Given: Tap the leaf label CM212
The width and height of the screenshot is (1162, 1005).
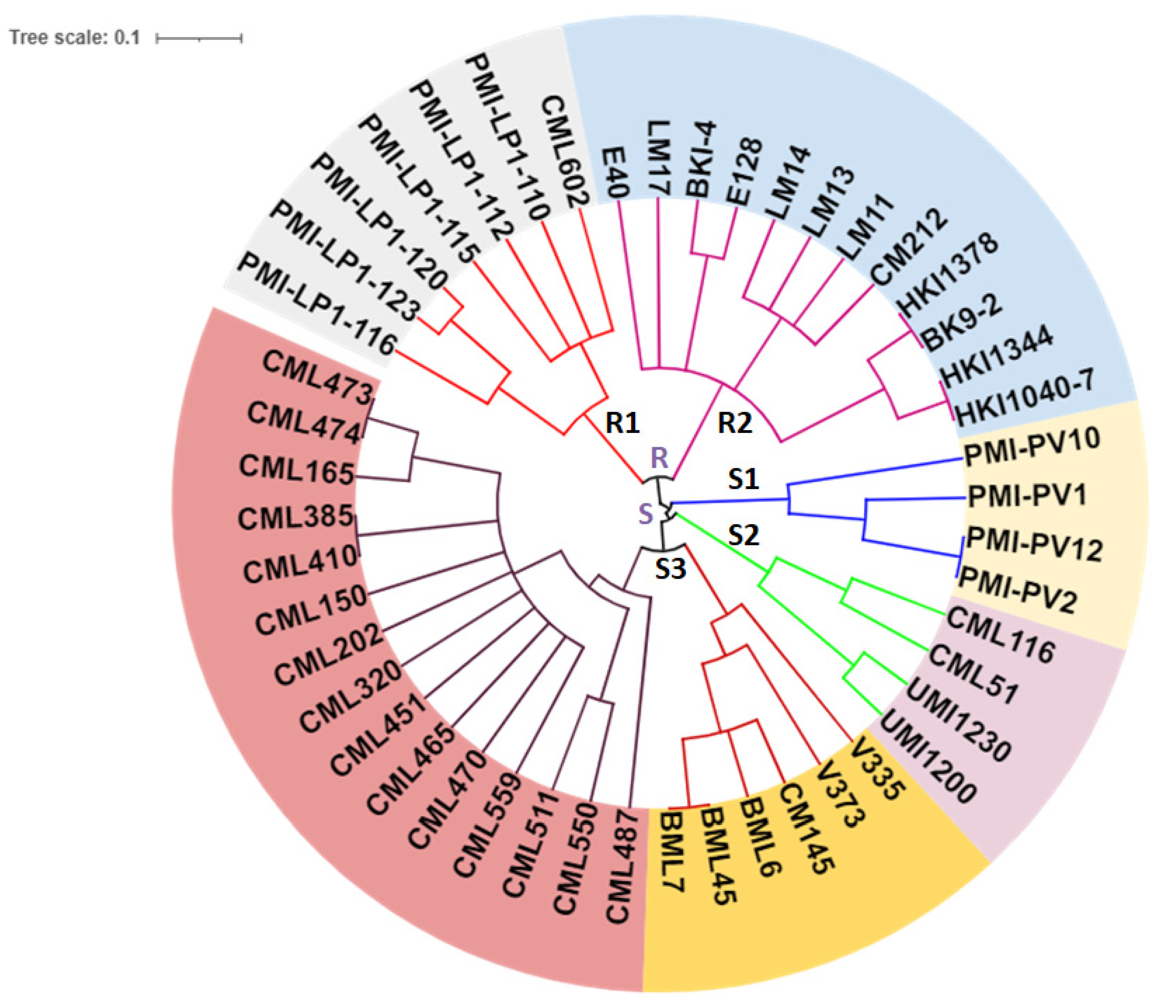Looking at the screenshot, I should tap(909, 247).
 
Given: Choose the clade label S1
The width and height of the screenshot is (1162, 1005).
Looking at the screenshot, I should tap(743, 478).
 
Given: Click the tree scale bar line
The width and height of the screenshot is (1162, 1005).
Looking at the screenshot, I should tap(199, 38).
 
